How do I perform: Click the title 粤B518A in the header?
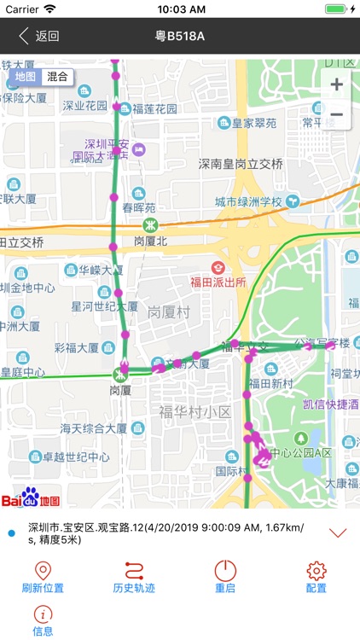(180, 37)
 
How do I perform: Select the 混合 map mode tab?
(58, 77)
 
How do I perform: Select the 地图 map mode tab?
(26, 77)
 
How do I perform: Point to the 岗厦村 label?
(168, 311)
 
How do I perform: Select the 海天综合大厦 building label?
(94, 428)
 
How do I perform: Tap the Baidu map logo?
(31, 497)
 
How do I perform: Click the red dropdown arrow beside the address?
(338, 532)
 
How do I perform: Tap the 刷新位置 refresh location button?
(43, 577)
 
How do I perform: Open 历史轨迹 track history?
(135, 577)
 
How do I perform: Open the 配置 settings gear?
(317, 577)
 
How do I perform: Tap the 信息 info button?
(43, 620)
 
